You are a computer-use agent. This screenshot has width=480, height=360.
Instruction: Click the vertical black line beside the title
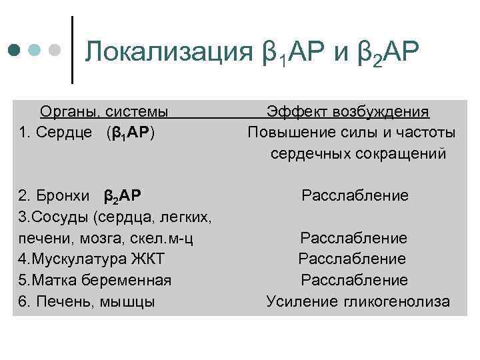pyautogui.click(x=72, y=50)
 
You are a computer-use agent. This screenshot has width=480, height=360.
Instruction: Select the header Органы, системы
pyautogui.click(x=103, y=111)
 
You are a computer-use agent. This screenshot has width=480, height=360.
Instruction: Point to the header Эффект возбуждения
pyautogui.click(x=348, y=111)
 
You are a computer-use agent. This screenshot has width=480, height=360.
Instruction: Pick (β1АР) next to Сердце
pyautogui.click(x=131, y=133)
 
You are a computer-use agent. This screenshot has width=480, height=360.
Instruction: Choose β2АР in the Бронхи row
pyautogui.click(x=122, y=197)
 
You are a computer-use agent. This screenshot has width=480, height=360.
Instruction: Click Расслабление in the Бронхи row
pyautogui.click(x=355, y=196)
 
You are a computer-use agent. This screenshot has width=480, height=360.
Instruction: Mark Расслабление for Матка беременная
pyautogui.click(x=354, y=280)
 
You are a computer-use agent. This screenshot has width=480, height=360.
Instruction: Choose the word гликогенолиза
pyautogui.click(x=397, y=301)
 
